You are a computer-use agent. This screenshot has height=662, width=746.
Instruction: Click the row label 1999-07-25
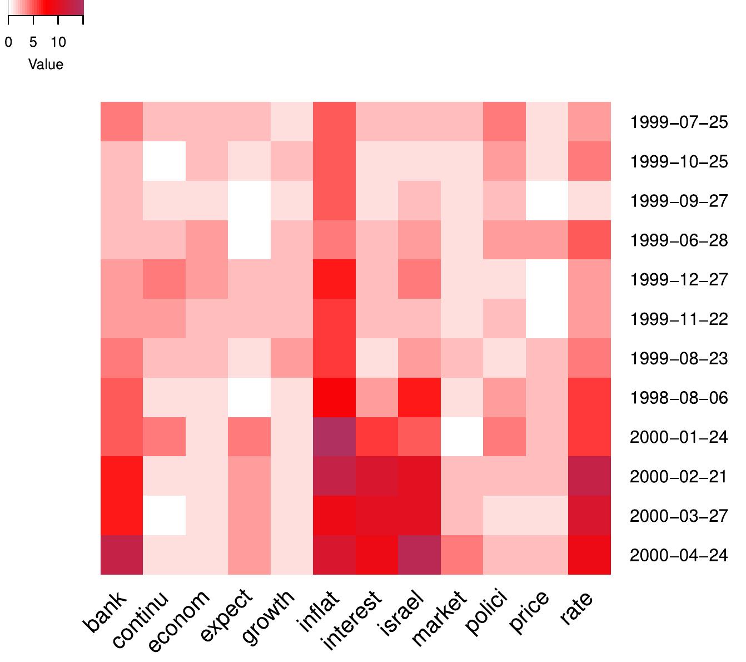point(678,122)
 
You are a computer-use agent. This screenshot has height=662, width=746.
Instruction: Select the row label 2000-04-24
point(678,555)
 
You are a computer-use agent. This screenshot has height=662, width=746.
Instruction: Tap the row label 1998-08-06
point(678,398)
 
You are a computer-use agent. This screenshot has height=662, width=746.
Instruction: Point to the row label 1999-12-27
point(678,279)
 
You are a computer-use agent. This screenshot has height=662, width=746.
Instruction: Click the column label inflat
point(318,612)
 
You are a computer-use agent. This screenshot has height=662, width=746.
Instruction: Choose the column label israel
point(401,614)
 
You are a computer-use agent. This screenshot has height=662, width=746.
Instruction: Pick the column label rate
point(576,608)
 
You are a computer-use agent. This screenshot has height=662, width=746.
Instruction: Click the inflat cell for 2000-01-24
point(335,437)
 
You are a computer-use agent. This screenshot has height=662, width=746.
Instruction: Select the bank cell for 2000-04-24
point(122,555)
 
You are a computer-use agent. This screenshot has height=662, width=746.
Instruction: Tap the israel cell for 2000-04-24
point(420,555)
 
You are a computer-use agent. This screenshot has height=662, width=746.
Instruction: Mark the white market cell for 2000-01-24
point(462,437)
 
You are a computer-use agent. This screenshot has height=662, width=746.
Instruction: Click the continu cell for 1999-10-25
point(164,161)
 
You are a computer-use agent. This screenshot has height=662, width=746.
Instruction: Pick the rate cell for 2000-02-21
point(590,476)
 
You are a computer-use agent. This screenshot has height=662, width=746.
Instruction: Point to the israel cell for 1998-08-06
point(420,397)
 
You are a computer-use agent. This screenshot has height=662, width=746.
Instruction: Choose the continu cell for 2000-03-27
point(164,516)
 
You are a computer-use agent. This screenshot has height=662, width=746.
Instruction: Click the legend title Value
point(46,65)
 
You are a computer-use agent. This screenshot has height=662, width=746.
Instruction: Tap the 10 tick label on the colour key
point(58,42)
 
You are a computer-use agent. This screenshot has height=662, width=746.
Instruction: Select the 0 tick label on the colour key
point(8,42)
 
